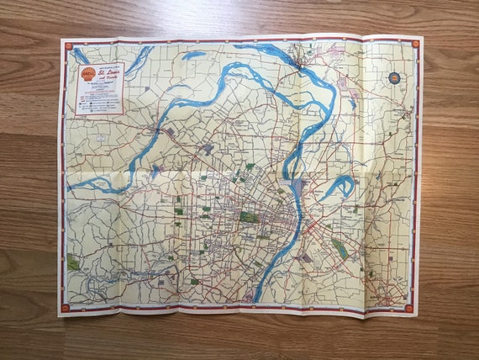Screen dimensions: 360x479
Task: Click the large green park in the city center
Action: [249, 216]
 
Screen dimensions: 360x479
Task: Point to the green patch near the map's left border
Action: [74, 263]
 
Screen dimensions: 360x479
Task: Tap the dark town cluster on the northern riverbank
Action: [295, 59]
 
